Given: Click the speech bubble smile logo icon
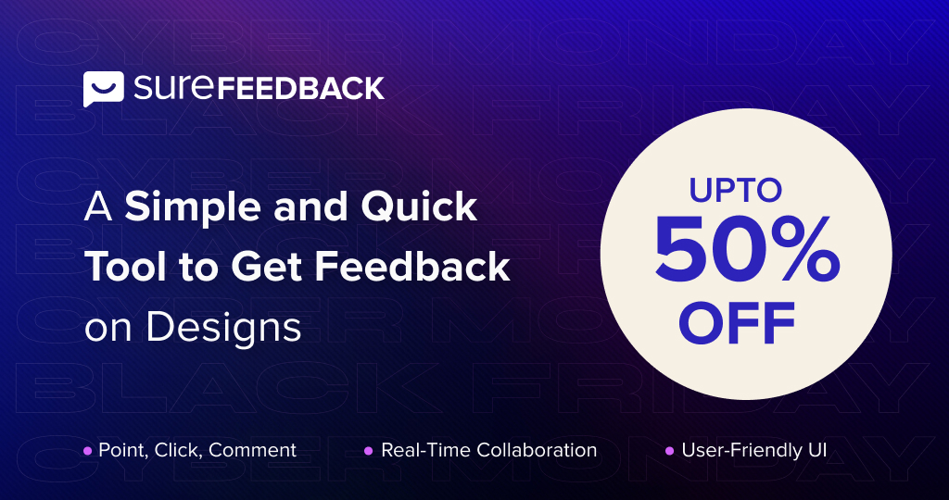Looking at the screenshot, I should (103, 89).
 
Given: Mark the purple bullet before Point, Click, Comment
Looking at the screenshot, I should (88, 451).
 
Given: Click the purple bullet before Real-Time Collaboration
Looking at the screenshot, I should (368, 451).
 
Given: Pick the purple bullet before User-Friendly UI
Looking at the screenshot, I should (669, 451).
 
